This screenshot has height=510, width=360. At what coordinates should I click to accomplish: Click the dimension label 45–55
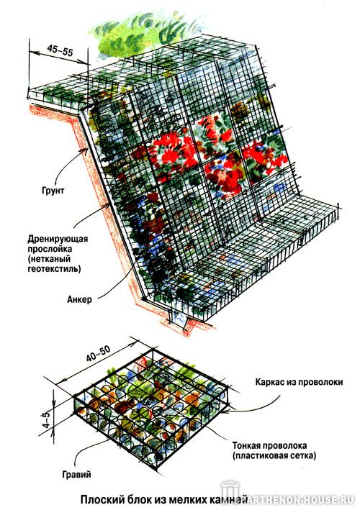pyautogui.click(x=60, y=50)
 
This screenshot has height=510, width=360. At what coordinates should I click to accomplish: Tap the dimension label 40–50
pyautogui.click(x=99, y=353)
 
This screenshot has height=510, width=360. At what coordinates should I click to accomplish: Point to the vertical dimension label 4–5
pyautogui.click(x=47, y=420)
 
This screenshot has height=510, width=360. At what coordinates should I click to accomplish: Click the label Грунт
pyautogui.click(x=53, y=191)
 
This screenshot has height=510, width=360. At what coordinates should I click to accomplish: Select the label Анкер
pyautogui.click(x=79, y=299)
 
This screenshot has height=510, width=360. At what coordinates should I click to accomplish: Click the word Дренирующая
pyautogui.click(x=58, y=239)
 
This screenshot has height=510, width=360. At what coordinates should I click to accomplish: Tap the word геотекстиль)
pyautogui.click(x=54, y=269)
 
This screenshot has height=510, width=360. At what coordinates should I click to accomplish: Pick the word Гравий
pyautogui.click(x=76, y=475)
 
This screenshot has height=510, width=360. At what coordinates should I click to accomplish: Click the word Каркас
pyautogui.click(x=269, y=381)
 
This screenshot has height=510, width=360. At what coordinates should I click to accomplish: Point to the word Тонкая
pyautogui.click(x=246, y=445)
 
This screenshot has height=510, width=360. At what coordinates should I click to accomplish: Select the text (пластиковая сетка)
pyautogui.click(x=274, y=455)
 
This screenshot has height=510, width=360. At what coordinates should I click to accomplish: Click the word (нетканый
pyautogui.click(x=49, y=259)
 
